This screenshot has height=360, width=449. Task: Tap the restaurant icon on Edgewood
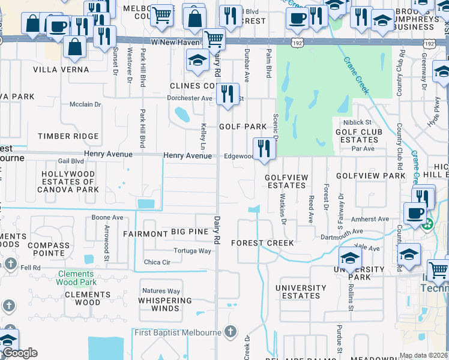tap(264, 148)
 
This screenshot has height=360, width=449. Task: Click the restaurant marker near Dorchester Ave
tap(226, 94)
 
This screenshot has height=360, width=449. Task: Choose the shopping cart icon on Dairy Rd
tap(214, 40)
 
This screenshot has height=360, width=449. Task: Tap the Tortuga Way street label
tap(192, 251)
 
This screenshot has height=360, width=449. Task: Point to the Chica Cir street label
tap(157, 262)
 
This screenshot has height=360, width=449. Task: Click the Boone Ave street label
tap(107, 217)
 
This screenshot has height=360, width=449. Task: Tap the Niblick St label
tap(358, 122)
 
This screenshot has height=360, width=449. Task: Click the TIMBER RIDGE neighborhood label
tap(68, 136)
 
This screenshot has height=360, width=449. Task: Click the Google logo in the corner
tap(20, 353)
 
